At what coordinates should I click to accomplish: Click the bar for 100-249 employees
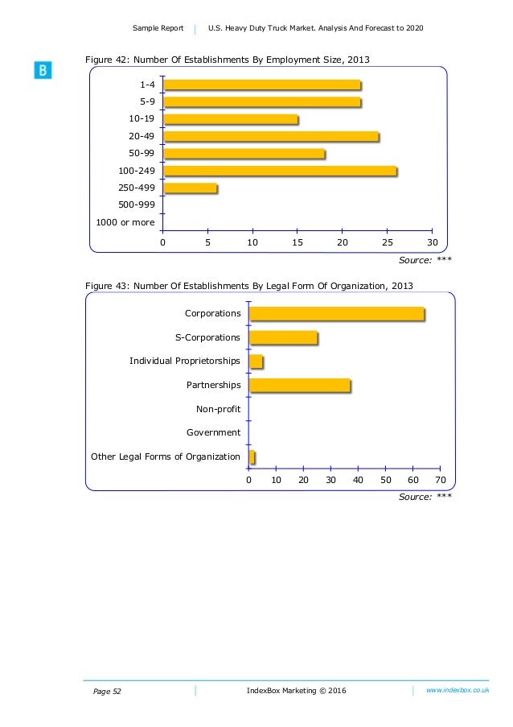tap(279, 171)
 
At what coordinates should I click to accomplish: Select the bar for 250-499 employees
tap(190, 188)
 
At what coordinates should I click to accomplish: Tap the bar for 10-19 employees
tap(230, 120)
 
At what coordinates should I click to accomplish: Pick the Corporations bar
tap(336, 314)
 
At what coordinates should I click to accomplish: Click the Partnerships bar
tap(299, 386)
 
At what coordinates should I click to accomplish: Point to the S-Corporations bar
tap(283, 338)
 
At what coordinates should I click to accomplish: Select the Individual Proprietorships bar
tap(256, 361)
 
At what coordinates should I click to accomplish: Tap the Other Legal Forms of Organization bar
tap(252, 457)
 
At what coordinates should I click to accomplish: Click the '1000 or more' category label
tap(125, 222)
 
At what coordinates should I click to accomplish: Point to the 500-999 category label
tap(137, 204)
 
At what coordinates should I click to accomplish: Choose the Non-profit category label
tap(218, 409)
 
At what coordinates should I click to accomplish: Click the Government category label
tap(213, 433)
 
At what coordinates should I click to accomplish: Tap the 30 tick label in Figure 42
tap(432, 242)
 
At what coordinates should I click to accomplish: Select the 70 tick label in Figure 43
tap(440, 480)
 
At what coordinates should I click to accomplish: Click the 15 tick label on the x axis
tap(298, 242)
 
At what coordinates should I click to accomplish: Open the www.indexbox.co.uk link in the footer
tap(458, 691)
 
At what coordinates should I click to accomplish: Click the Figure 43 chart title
tap(249, 286)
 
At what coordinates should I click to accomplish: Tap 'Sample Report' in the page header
tap(158, 29)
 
